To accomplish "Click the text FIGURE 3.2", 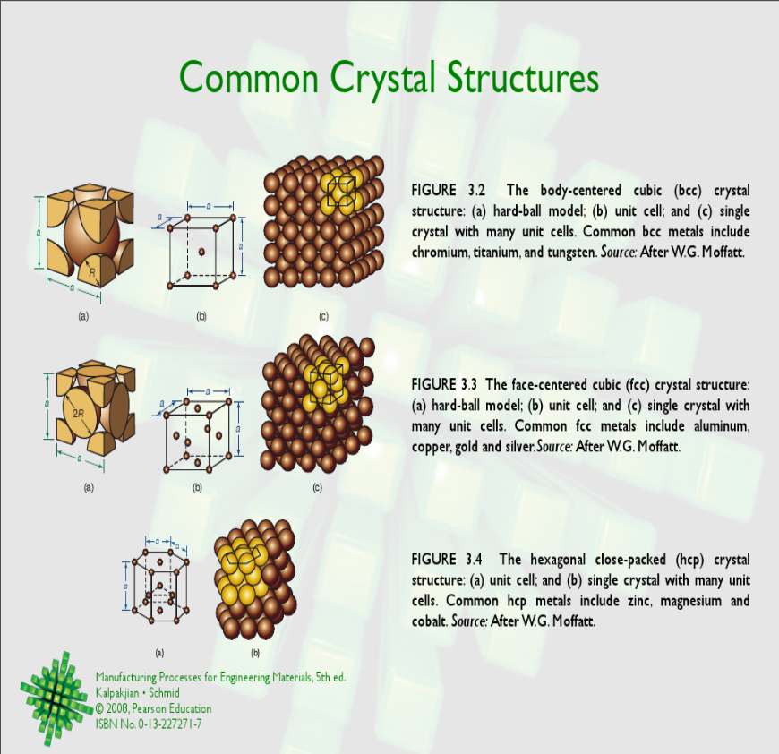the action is [448, 190].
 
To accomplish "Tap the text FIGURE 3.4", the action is [447, 560].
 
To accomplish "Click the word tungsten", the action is [571, 253].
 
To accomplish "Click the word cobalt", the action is [429, 621].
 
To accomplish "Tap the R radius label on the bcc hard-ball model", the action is [92, 272].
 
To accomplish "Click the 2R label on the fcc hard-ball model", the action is [79, 413].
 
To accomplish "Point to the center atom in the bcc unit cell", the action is [201, 252].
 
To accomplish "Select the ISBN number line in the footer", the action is [149, 724].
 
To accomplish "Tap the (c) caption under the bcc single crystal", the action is [323, 316].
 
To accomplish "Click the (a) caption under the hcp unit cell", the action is [159, 653].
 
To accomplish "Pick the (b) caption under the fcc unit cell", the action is [197, 488].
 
